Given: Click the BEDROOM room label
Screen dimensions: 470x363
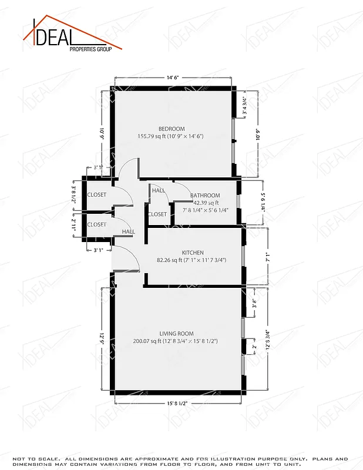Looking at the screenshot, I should pos(172,129).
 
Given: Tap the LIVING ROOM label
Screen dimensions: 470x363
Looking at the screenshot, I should pos(176,334).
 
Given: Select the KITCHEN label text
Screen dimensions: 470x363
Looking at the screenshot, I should pos(192,253).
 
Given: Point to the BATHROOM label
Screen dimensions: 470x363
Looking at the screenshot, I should pos(205,196).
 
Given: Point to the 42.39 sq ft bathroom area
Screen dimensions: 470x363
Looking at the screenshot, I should pos(206,203).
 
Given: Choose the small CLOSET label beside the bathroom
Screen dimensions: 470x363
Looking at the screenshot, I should pos(157,214).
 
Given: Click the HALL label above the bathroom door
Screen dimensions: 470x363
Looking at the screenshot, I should pos(159,190).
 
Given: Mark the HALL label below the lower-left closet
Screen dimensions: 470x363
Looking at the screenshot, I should pos(129,232).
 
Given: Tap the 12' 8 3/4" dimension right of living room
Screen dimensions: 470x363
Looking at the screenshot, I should pos(267,340).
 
